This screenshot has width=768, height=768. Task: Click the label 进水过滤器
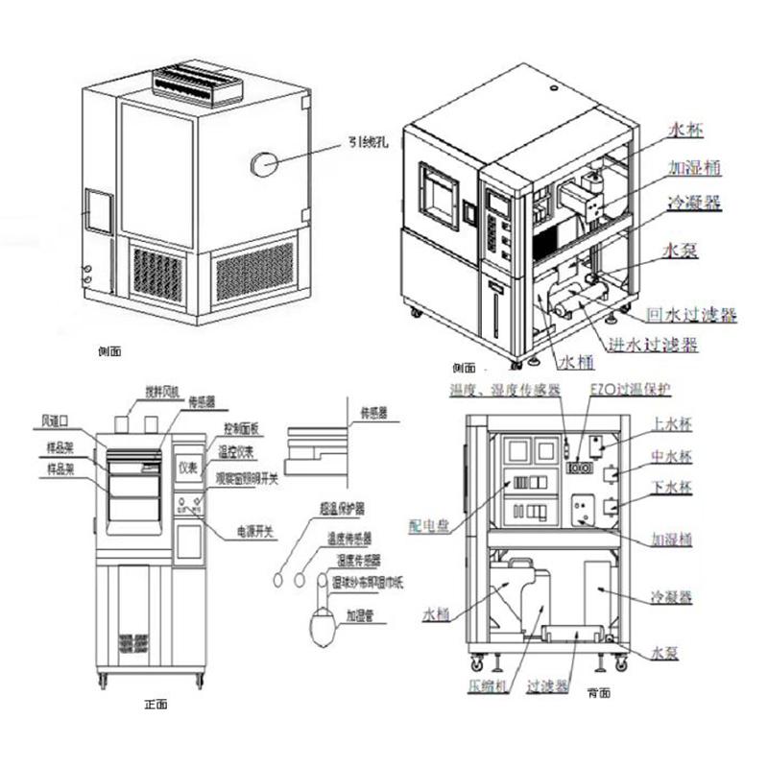[x=652, y=343]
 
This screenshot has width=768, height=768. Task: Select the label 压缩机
[x=487, y=687]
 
